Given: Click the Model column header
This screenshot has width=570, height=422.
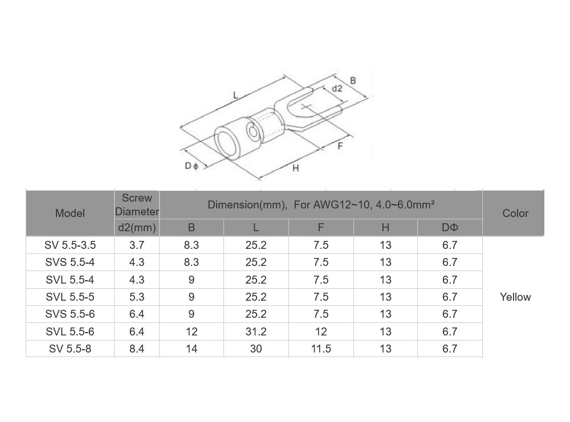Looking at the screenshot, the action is pyautogui.click(x=70, y=213).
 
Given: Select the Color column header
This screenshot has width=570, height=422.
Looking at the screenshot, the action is pyautogui.click(x=515, y=213).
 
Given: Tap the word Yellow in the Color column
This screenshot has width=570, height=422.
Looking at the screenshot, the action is pyautogui.click(x=515, y=297).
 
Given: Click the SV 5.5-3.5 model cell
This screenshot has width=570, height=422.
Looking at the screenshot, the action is pyautogui.click(x=70, y=245).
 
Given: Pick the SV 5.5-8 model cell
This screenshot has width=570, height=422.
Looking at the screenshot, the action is pyautogui.click(x=70, y=349).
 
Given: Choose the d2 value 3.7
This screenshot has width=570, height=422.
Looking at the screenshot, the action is pyautogui.click(x=137, y=245).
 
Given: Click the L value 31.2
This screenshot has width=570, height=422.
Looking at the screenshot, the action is pyautogui.click(x=256, y=331).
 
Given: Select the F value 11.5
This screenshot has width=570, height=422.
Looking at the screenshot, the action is pyautogui.click(x=321, y=349).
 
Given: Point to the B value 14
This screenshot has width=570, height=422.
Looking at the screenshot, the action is pyautogui.click(x=192, y=349).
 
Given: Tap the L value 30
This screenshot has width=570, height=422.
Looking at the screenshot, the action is pyautogui.click(x=256, y=349).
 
